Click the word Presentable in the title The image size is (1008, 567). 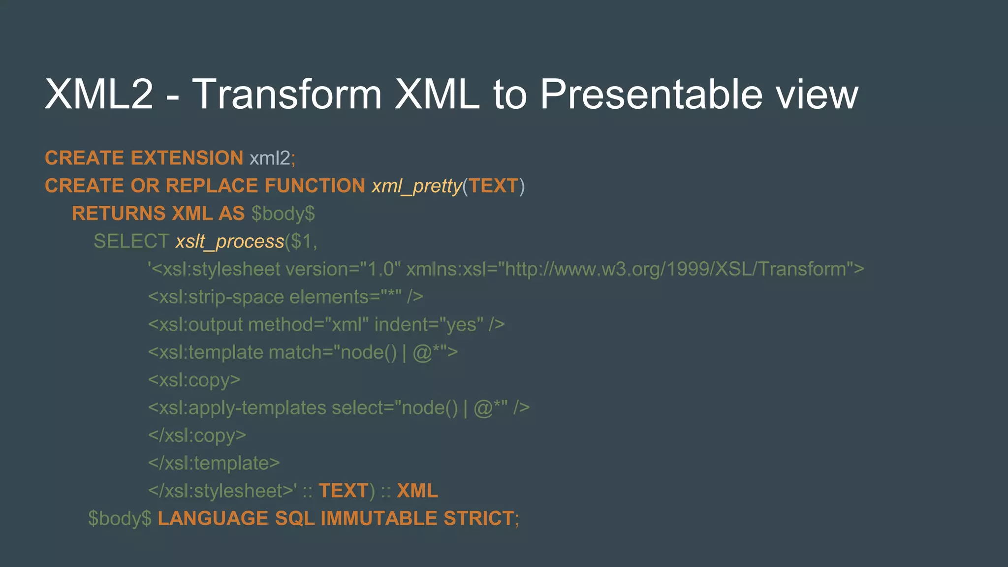652,94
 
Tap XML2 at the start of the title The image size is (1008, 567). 99,94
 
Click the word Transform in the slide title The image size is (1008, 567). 286,94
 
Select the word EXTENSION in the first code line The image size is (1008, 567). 187,158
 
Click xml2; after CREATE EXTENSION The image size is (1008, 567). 272,158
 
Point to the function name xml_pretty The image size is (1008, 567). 416,186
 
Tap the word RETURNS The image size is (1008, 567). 119,214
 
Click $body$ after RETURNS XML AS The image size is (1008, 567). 283,214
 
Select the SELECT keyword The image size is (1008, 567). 131,242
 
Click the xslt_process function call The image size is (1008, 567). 230,242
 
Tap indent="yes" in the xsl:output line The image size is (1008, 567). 429,325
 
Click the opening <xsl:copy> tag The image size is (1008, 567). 194,380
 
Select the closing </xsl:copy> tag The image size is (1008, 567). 197,436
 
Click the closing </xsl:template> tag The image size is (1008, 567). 214,463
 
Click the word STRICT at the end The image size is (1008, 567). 478,519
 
